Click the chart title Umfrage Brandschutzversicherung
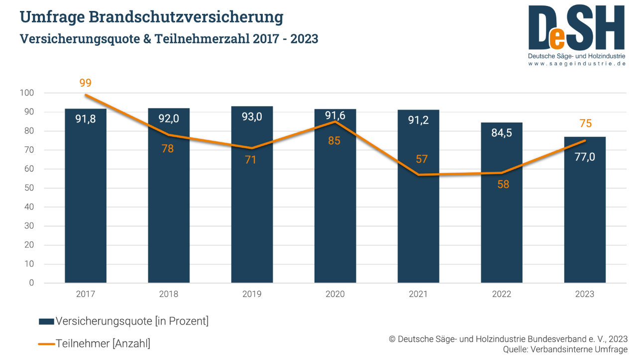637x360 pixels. (x=151, y=17)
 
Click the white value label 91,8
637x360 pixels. (x=86, y=120)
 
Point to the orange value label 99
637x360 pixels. (x=86, y=83)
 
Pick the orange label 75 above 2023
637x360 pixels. (x=586, y=124)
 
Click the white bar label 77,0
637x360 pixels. (x=585, y=157)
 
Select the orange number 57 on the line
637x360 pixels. (x=422, y=159)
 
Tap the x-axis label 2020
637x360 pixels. (x=335, y=294)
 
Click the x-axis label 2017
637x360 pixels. (x=86, y=294)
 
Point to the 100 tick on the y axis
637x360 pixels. (x=27, y=93)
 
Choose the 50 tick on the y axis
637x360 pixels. (x=29, y=188)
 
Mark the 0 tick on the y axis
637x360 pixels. (x=31, y=283)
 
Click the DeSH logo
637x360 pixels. (x=576, y=29)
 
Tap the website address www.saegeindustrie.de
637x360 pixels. (x=576, y=64)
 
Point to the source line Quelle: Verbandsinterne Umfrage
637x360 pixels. (x=565, y=349)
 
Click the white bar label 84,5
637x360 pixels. (x=502, y=133)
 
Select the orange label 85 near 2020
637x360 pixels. (x=334, y=141)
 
